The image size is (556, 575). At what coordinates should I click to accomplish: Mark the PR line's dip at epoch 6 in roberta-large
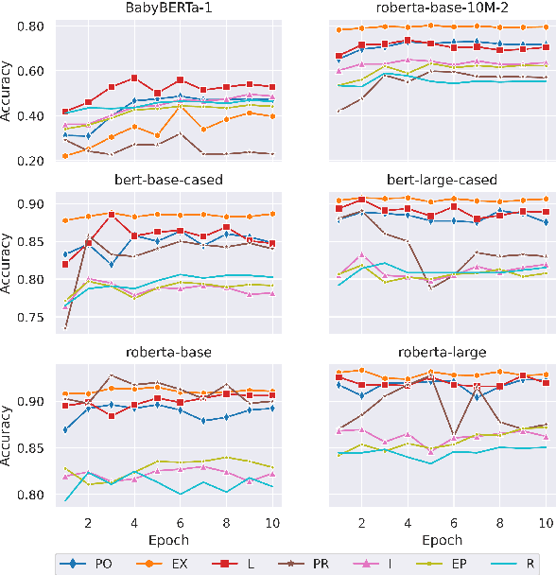(x=454, y=435)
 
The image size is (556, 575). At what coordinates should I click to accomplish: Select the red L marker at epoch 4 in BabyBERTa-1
(x=134, y=78)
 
